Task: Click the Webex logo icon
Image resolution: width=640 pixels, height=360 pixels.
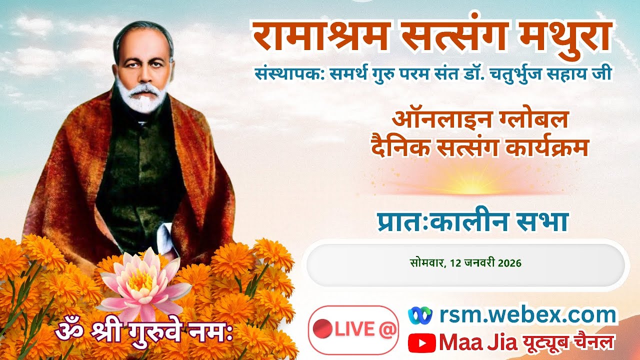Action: click(x=420, y=315)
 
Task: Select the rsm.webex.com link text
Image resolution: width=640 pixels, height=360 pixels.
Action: click(x=528, y=315)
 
